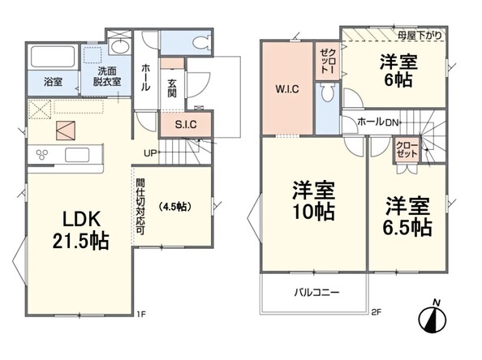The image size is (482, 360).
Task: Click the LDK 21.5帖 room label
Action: point(80,230)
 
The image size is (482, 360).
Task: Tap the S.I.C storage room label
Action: point(186,125)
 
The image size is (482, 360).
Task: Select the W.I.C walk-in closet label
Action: point(287,89)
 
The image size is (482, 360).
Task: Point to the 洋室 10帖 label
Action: point(313,201)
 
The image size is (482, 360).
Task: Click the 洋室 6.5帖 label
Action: point(407,216)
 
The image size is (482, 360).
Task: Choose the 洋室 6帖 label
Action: point(398,71)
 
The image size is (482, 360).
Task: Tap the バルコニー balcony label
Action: point(317,292)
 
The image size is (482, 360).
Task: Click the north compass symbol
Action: point(433,318)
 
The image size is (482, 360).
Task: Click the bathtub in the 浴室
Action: point(53,57)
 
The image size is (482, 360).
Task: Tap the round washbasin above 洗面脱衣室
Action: point(120,47)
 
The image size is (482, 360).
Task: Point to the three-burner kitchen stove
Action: point(42,154)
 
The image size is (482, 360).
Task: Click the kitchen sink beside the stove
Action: point(77,155)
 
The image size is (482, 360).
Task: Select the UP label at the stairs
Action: point(150,153)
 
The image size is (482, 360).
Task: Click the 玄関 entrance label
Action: point(172,88)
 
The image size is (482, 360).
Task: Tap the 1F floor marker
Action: point(141,314)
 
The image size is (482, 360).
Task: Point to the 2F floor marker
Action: point(377,313)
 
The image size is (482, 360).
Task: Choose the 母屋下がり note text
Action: point(420,36)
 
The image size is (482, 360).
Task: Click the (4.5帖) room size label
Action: point(175,207)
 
